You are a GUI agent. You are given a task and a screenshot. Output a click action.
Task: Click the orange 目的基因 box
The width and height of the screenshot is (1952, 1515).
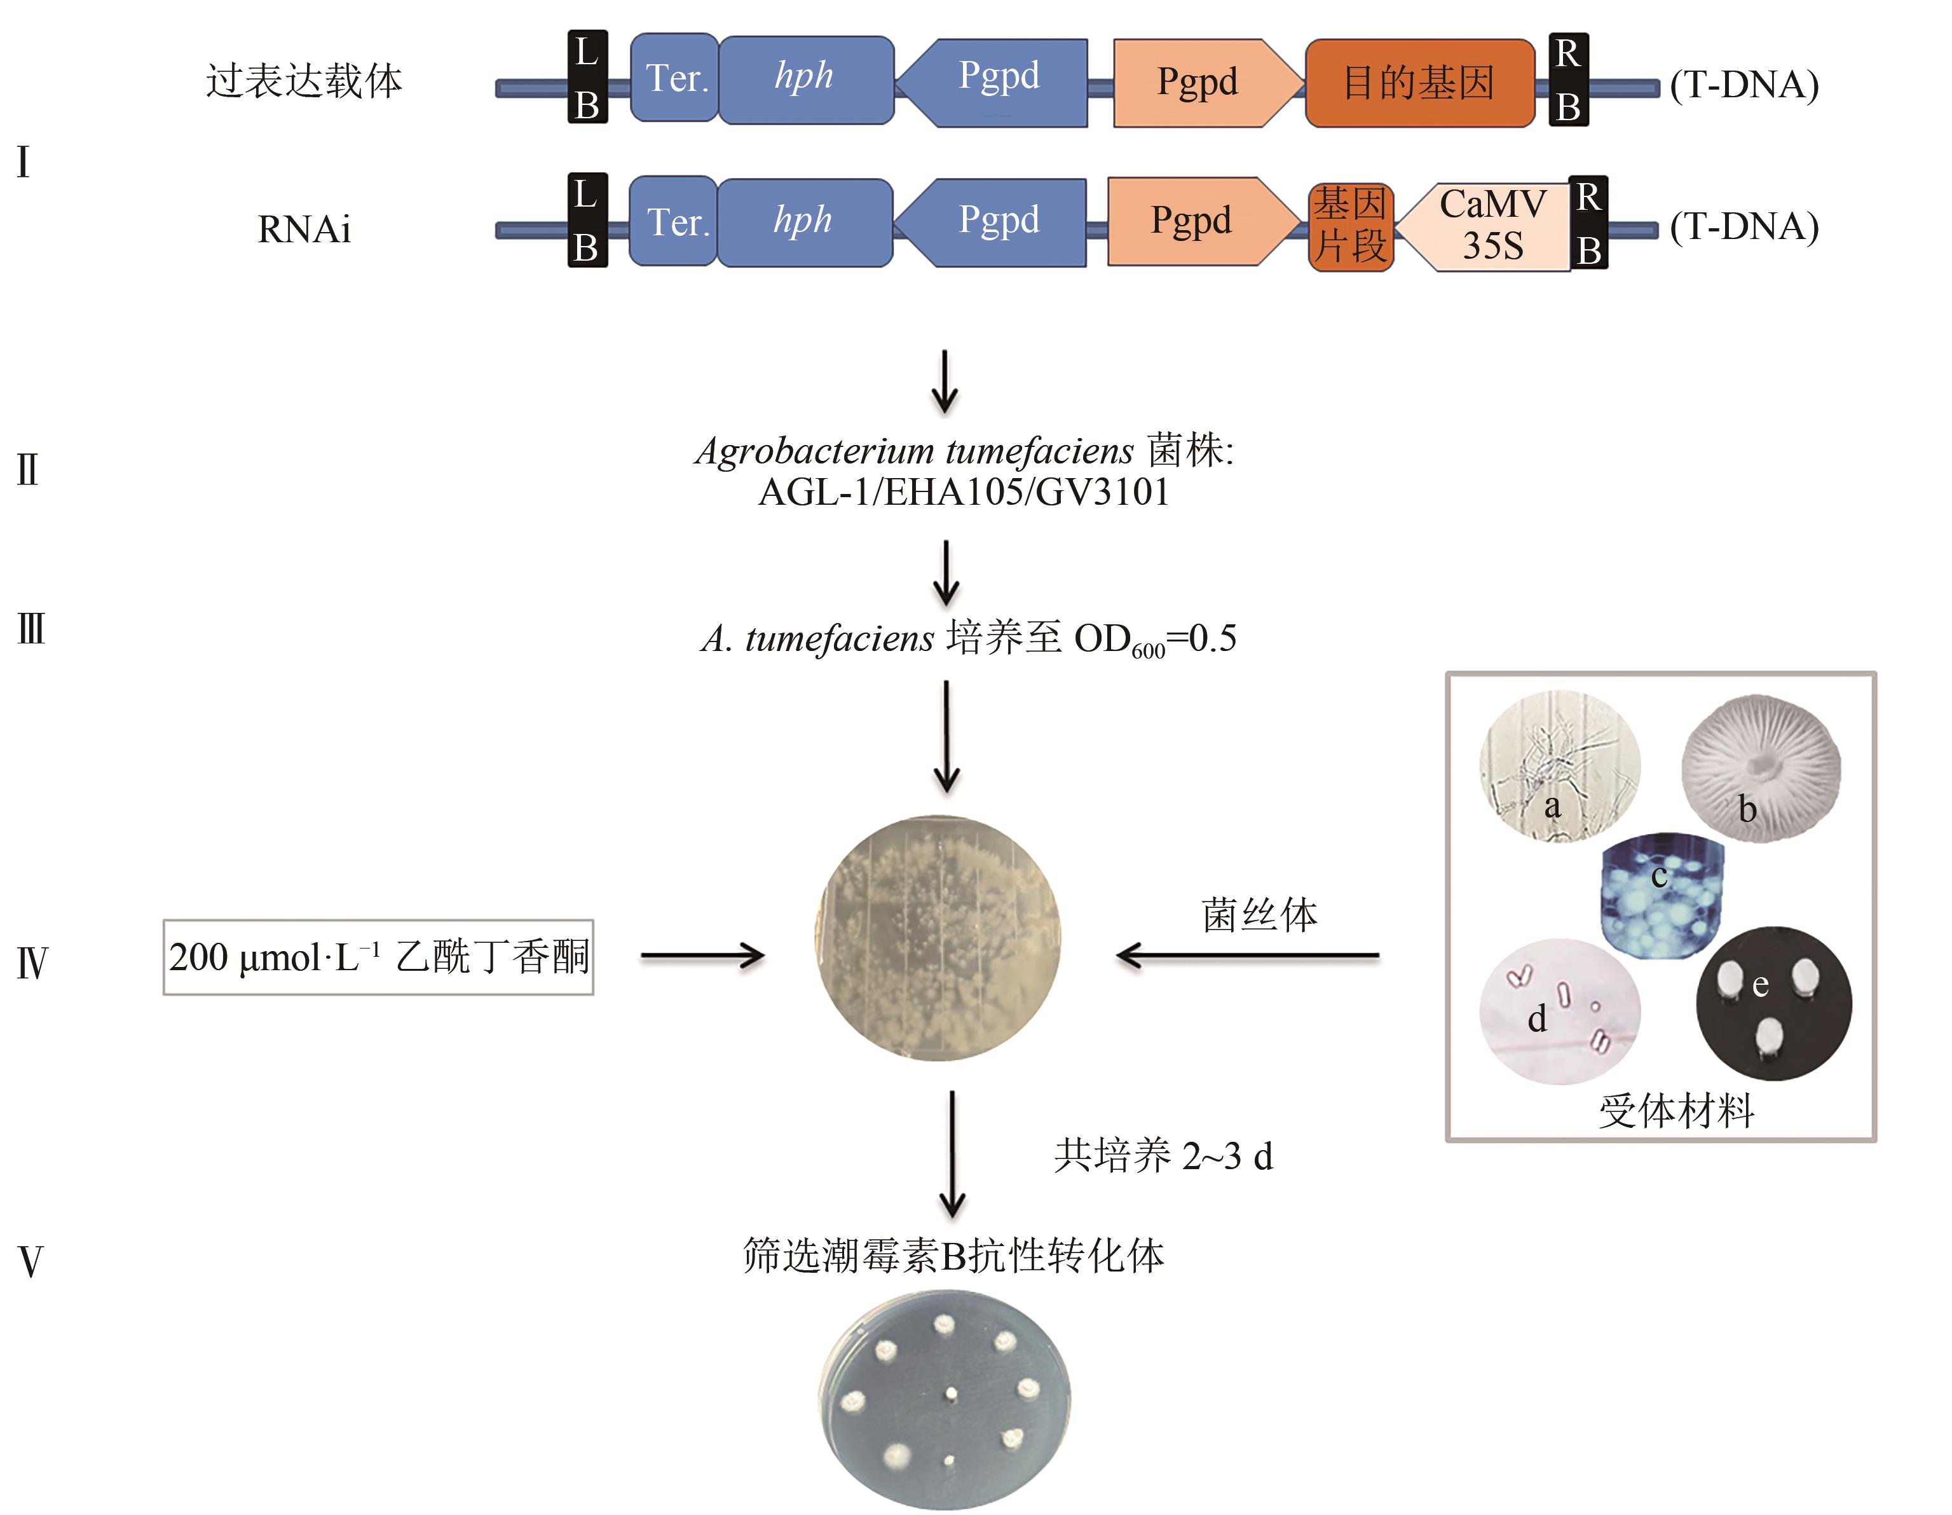point(1419,82)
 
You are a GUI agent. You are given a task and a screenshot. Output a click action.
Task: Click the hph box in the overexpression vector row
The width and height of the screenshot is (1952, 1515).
point(805,79)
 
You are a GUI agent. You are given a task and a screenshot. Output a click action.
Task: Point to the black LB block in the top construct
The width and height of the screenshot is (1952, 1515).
point(587,77)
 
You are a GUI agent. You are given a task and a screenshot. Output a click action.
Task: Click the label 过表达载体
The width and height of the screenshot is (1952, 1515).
point(304,81)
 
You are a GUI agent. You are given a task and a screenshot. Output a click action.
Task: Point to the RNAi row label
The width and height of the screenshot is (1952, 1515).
point(304,230)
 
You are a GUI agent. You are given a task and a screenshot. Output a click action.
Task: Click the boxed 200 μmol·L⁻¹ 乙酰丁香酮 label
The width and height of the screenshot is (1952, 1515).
point(378,956)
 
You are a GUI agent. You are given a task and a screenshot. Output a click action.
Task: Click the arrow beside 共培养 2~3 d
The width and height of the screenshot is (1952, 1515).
point(952,1153)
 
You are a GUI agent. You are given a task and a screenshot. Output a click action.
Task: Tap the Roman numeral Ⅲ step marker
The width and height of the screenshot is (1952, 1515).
point(31,629)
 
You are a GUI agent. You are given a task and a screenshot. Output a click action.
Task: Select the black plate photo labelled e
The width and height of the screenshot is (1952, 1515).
point(1773,1003)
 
